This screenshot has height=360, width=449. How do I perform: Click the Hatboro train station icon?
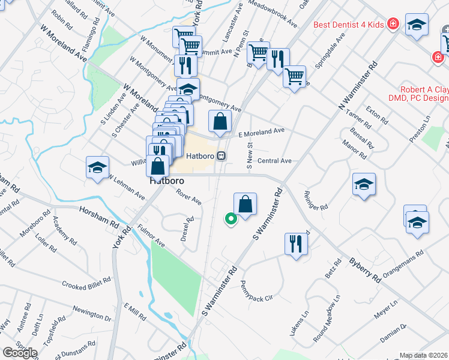click(x=221, y=156)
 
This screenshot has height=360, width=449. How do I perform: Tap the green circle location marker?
click(x=230, y=220)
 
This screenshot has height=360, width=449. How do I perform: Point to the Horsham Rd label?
click(x=98, y=217)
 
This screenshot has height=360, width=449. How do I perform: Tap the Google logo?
click(x=19, y=353)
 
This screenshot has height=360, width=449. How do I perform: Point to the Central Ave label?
click(x=274, y=161)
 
